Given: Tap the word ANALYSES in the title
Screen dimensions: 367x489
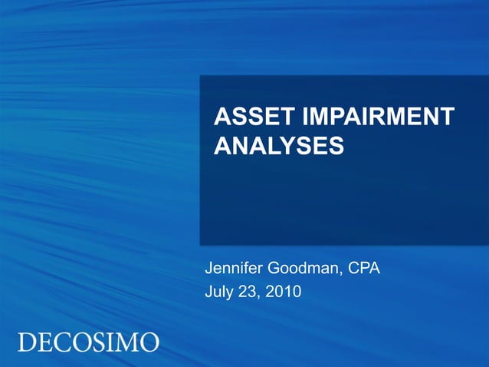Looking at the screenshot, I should click(x=278, y=145).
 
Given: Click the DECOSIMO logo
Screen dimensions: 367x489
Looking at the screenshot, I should click(x=88, y=342).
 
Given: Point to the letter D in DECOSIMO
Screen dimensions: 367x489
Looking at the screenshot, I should click(x=26, y=342).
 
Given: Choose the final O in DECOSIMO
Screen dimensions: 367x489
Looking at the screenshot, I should click(x=150, y=342).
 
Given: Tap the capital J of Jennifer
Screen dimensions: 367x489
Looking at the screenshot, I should click(x=208, y=269).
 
